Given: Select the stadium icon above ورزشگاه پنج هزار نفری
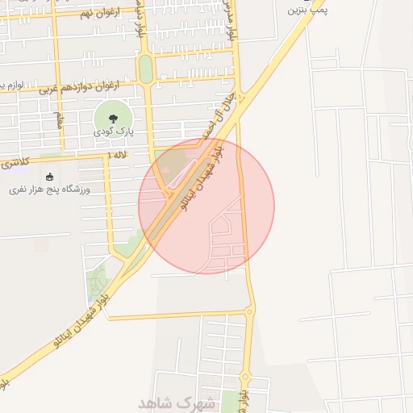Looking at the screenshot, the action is [50, 177].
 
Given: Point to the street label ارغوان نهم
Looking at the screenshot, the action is [101, 13].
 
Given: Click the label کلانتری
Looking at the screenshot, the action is [14, 162].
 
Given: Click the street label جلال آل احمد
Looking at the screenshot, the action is [208, 121].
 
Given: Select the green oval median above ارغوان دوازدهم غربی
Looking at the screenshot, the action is [145, 69].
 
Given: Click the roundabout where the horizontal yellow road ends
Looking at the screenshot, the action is [250, 311].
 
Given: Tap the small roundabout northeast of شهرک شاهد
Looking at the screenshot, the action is [244, 376].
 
